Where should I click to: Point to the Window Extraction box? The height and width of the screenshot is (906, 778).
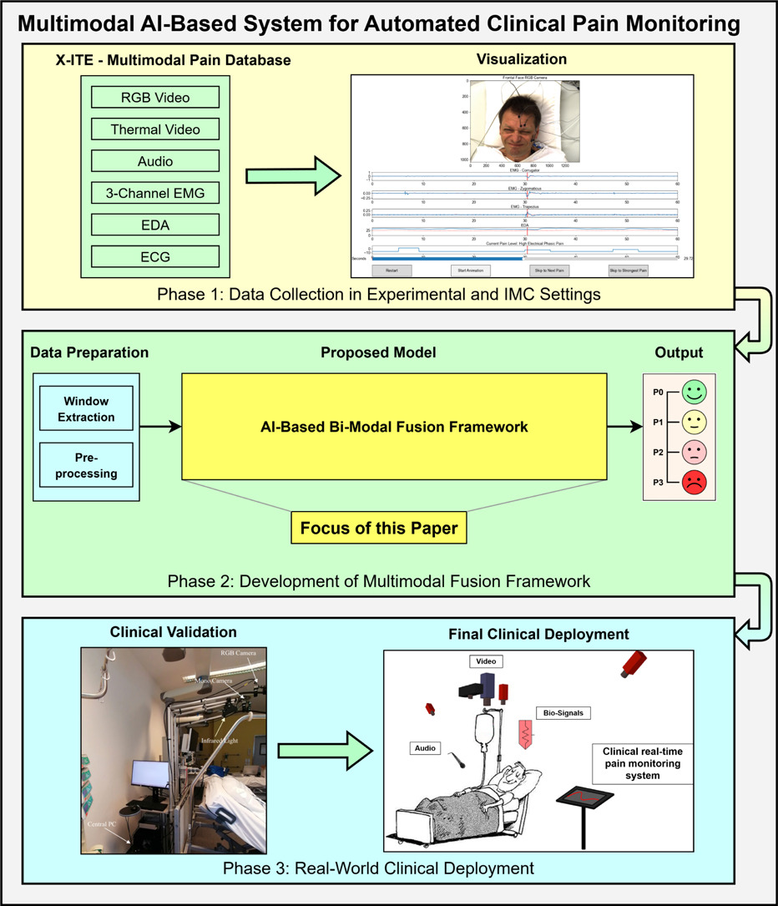[86, 409]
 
